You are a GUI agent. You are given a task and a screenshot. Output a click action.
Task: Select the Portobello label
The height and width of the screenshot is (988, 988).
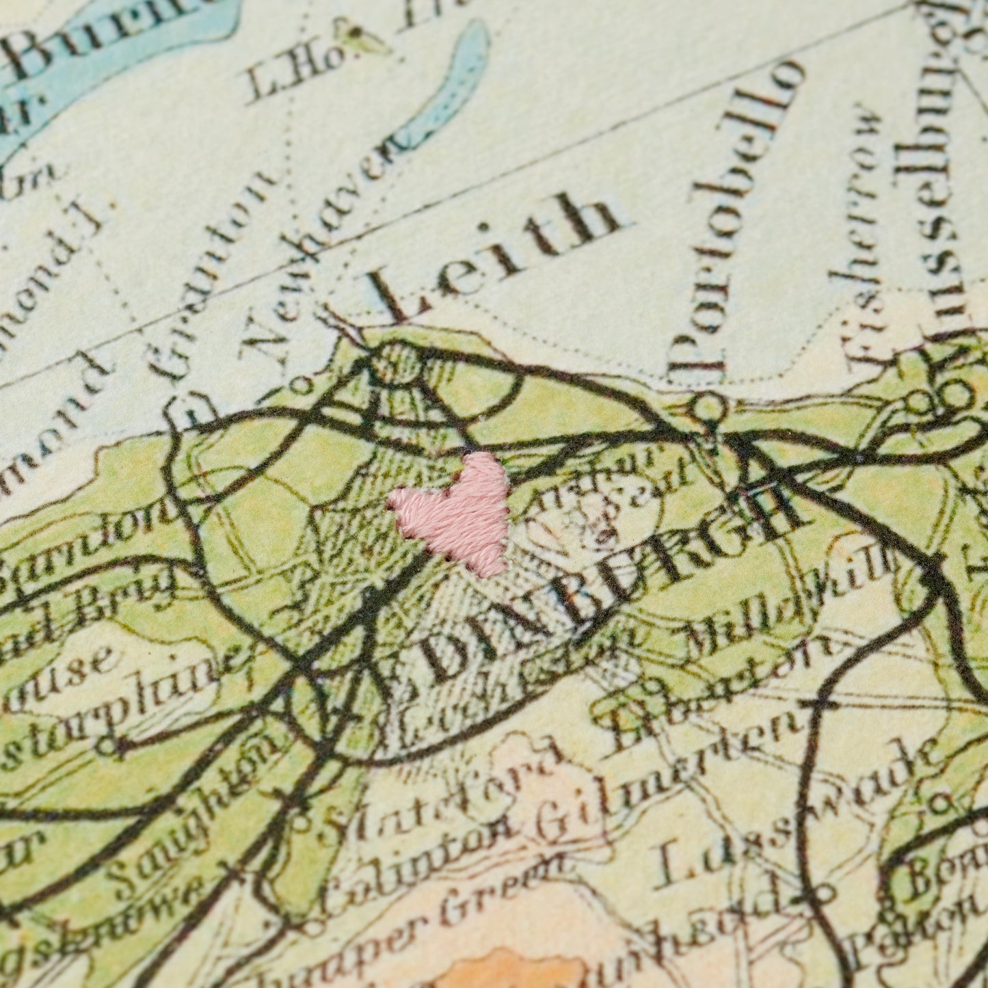[736, 218]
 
